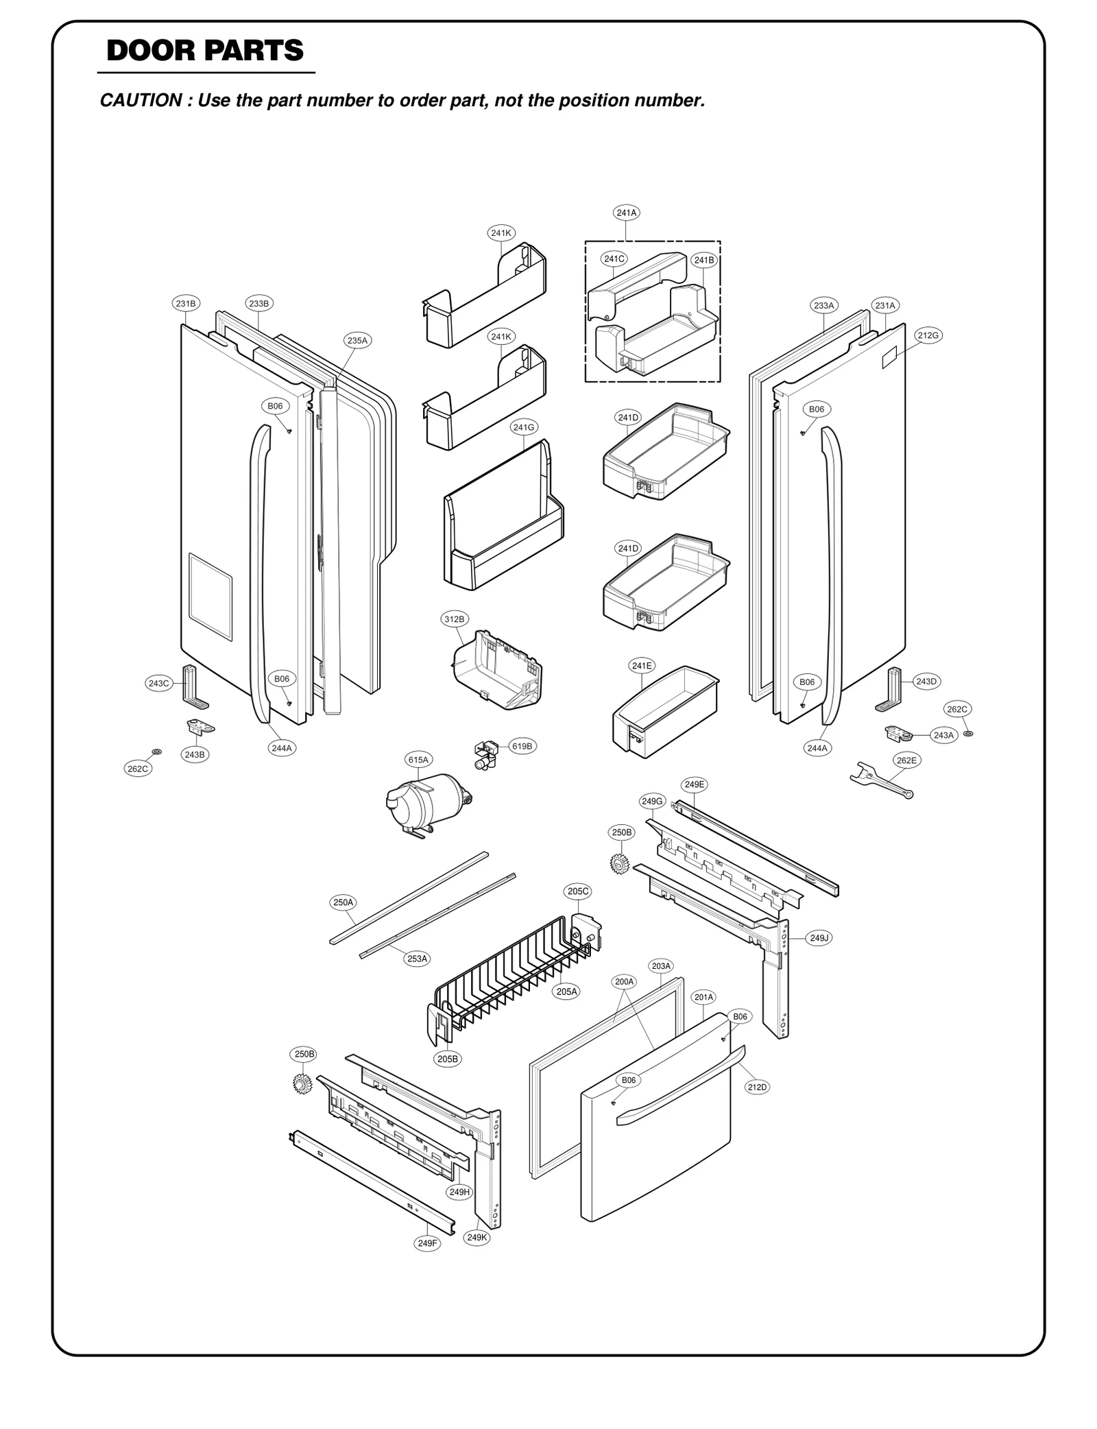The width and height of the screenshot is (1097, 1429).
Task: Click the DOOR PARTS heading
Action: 205,51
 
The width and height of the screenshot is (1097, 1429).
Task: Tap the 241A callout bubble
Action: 626,213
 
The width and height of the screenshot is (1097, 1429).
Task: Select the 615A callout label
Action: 418,760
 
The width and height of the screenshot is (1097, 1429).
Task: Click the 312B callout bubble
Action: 454,619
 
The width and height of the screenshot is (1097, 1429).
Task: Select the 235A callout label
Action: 357,340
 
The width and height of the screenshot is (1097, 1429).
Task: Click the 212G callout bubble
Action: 928,335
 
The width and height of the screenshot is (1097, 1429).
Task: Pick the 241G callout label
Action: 523,428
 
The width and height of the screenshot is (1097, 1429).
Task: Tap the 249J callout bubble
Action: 819,938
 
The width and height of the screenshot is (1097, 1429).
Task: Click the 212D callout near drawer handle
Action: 757,1088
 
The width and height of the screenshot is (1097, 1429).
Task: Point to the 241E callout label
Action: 642,666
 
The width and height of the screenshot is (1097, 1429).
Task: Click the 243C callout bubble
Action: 158,684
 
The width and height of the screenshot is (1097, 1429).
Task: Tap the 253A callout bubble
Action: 418,959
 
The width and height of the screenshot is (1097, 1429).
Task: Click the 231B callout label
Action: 185,303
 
